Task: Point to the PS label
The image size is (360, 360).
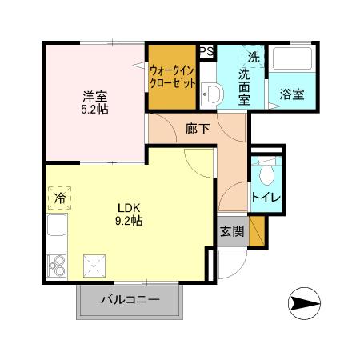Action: (x=206, y=51)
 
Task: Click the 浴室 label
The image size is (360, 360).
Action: (x=291, y=94)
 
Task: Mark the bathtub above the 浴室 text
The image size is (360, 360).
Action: (x=290, y=62)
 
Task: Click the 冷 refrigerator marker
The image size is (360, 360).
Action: (x=59, y=197)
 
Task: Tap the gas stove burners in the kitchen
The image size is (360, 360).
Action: (x=56, y=263)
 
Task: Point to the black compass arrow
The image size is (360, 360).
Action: (x=306, y=303)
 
